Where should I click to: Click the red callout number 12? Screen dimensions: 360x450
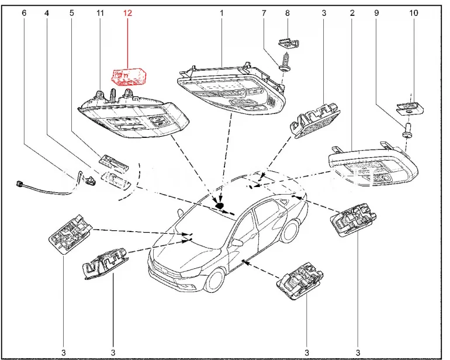[x=127, y=12]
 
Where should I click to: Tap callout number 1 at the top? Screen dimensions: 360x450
[x=222, y=12]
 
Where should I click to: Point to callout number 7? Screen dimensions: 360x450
[x=264, y=12]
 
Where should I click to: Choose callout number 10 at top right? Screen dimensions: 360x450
[x=414, y=12]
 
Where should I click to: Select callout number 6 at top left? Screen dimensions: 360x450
[x=24, y=12]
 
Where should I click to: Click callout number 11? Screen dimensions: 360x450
[x=100, y=12]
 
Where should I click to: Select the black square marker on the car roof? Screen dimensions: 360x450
[x=220, y=205]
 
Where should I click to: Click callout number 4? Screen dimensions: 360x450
[x=46, y=12]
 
